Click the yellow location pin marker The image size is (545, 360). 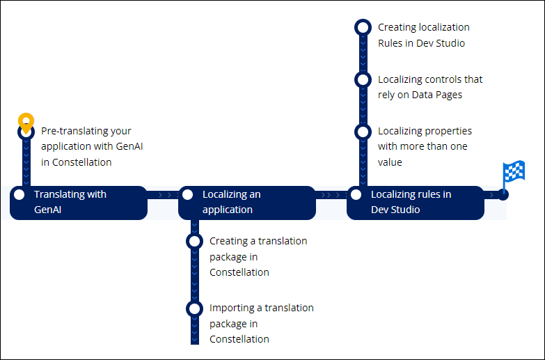26,122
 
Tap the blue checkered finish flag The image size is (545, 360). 514,171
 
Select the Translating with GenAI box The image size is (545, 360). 79,203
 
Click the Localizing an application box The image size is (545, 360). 247,203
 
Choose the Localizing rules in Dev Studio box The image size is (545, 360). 415,203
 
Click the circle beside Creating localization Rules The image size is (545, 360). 363,27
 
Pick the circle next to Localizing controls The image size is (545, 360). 363,79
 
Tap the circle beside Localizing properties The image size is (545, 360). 363,132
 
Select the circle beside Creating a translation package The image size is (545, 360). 194,242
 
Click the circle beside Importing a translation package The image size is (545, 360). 194,308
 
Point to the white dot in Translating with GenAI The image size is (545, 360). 19,195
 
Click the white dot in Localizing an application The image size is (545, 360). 187,195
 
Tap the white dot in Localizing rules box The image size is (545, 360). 356,195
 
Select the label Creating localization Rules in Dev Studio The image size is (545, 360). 423,35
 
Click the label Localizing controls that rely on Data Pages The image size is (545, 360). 429,87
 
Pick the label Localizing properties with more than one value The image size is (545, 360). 425,146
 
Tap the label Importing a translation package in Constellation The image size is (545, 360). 261,323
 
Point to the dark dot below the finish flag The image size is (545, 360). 503,195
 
